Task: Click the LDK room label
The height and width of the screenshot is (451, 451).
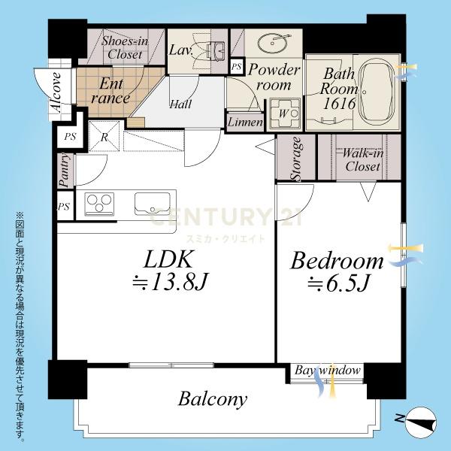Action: [x=168, y=260]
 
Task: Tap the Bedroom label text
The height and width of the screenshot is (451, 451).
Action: [x=337, y=261]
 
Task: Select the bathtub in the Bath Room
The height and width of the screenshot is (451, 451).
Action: [x=377, y=92]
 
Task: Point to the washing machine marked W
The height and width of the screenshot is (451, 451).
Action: [x=285, y=114]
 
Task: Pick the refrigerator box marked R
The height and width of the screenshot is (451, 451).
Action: [x=104, y=136]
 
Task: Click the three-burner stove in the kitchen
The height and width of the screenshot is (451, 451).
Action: [x=99, y=204]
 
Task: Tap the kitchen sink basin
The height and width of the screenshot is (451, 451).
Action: [x=153, y=204]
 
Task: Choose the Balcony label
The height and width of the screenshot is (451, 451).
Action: [x=213, y=399]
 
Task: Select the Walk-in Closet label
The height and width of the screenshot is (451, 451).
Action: [x=363, y=160]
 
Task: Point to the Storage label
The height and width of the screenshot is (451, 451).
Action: [x=296, y=159]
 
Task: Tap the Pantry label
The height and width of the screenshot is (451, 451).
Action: [x=65, y=170]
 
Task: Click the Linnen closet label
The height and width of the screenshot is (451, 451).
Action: [x=245, y=123]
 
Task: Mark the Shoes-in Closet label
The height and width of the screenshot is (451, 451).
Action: [x=125, y=47]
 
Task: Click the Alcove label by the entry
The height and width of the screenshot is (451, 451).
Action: [x=56, y=92]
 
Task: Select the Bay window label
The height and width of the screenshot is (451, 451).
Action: [x=327, y=370]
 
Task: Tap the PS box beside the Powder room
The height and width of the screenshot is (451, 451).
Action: [x=237, y=67]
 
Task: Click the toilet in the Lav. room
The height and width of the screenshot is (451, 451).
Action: [x=216, y=50]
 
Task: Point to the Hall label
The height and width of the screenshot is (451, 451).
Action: [x=180, y=104]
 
